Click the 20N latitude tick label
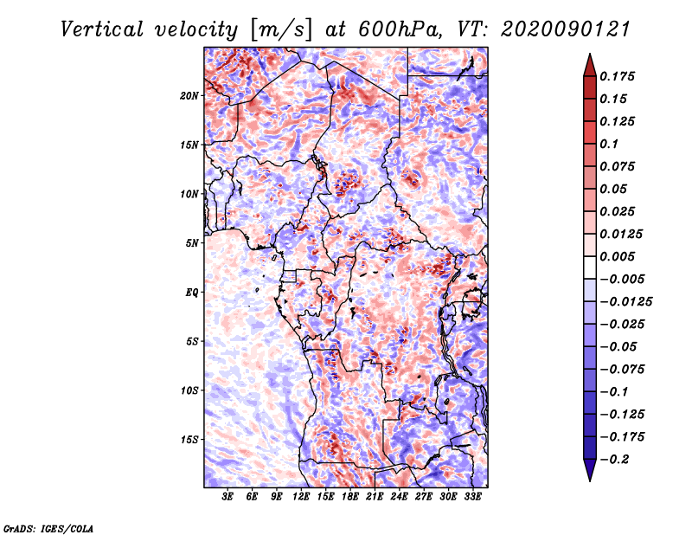[x=189, y=96]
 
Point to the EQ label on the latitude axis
[x=192, y=293]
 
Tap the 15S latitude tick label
[x=189, y=440]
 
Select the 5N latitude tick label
[x=192, y=243]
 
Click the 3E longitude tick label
[x=227, y=497]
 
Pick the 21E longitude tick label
[x=375, y=497]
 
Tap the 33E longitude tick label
[x=472, y=497]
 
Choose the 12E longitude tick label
[x=300, y=497]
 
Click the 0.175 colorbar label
[x=617, y=76]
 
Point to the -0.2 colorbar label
[x=614, y=460]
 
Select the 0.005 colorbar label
[x=617, y=256]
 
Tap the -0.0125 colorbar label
[x=625, y=302]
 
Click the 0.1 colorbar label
[x=609, y=144]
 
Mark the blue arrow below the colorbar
[x=590, y=470]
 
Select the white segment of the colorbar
[x=590, y=267]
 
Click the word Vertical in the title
[x=101, y=29]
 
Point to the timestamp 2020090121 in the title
[x=566, y=29]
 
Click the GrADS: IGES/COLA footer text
[x=48, y=529]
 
